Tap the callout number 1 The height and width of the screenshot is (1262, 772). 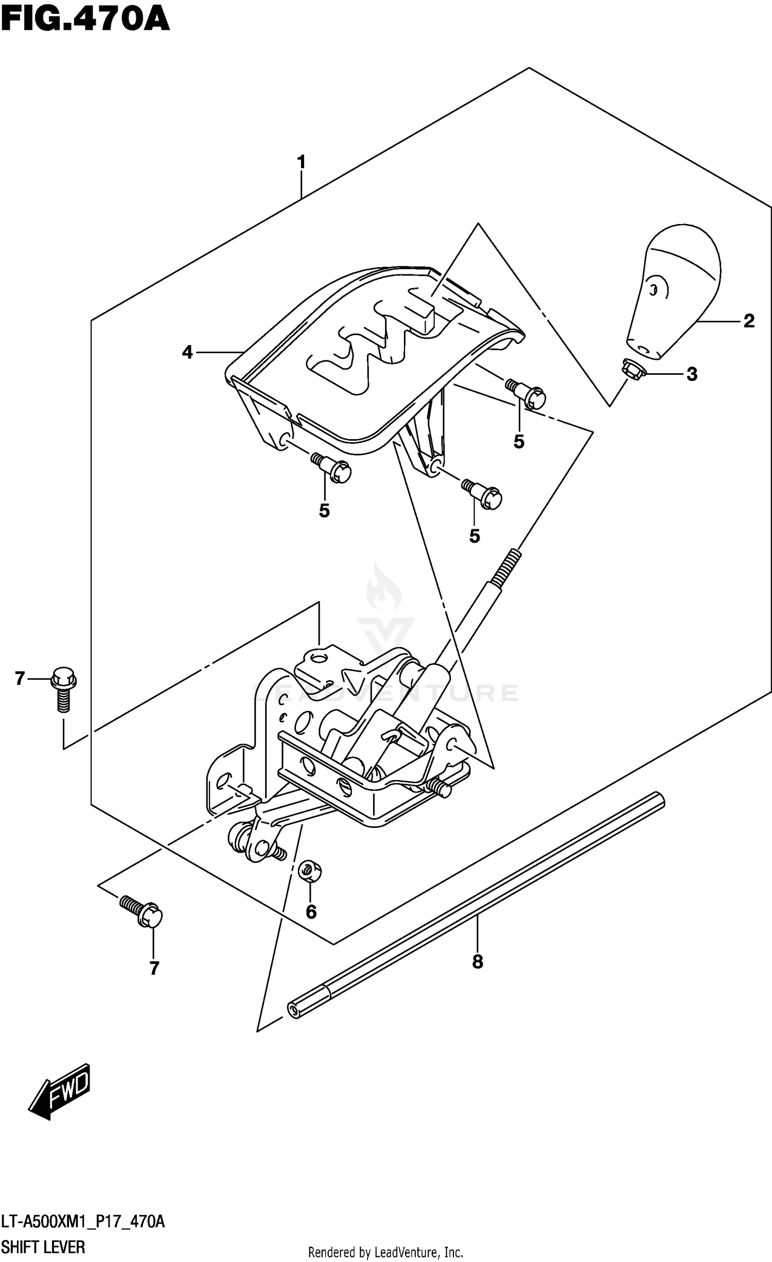[302, 162]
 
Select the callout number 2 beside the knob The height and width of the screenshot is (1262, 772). [749, 321]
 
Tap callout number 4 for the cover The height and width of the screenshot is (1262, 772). [187, 353]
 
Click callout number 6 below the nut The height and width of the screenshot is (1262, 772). [311, 927]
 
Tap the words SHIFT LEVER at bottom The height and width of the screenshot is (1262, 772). [43, 1247]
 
